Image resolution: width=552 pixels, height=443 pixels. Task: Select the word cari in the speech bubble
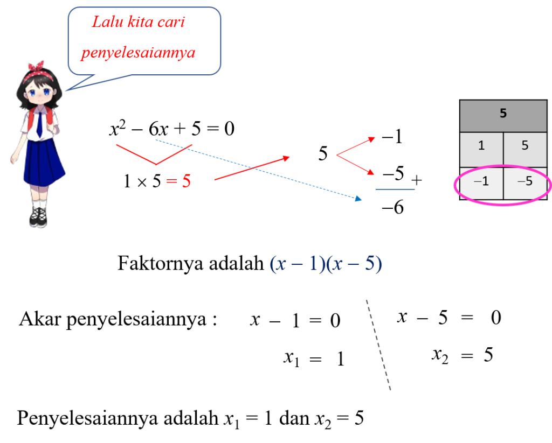pyautogui.click(x=174, y=22)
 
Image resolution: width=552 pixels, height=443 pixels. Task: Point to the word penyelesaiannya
pyautogui.click(x=138, y=53)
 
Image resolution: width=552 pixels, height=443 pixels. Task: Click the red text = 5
pyautogui.click(x=178, y=181)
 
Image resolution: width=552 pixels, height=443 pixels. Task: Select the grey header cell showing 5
pyautogui.click(x=503, y=114)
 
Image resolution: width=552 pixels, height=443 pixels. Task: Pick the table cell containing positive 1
pyautogui.click(x=481, y=146)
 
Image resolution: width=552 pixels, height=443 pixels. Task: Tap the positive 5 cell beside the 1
pyautogui.click(x=525, y=146)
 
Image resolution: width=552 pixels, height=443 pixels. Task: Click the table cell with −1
pyautogui.click(x=481, y=182)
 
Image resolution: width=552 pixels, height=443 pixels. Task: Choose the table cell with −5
pyautogui.click(x=525, y=182)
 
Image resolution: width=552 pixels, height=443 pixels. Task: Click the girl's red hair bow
pyautogui.click(x=37, y=66)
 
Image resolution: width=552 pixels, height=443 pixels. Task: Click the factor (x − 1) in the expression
pyautogui.click(x=297, y=264)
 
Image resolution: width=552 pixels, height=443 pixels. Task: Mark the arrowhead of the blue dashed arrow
pyautogui.click(x=358, y=199)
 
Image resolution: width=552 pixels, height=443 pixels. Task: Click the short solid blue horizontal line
pyautogui.click(x=395, y=189)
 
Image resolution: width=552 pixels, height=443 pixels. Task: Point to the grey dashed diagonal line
pyautogui.click(x=378, y=344)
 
